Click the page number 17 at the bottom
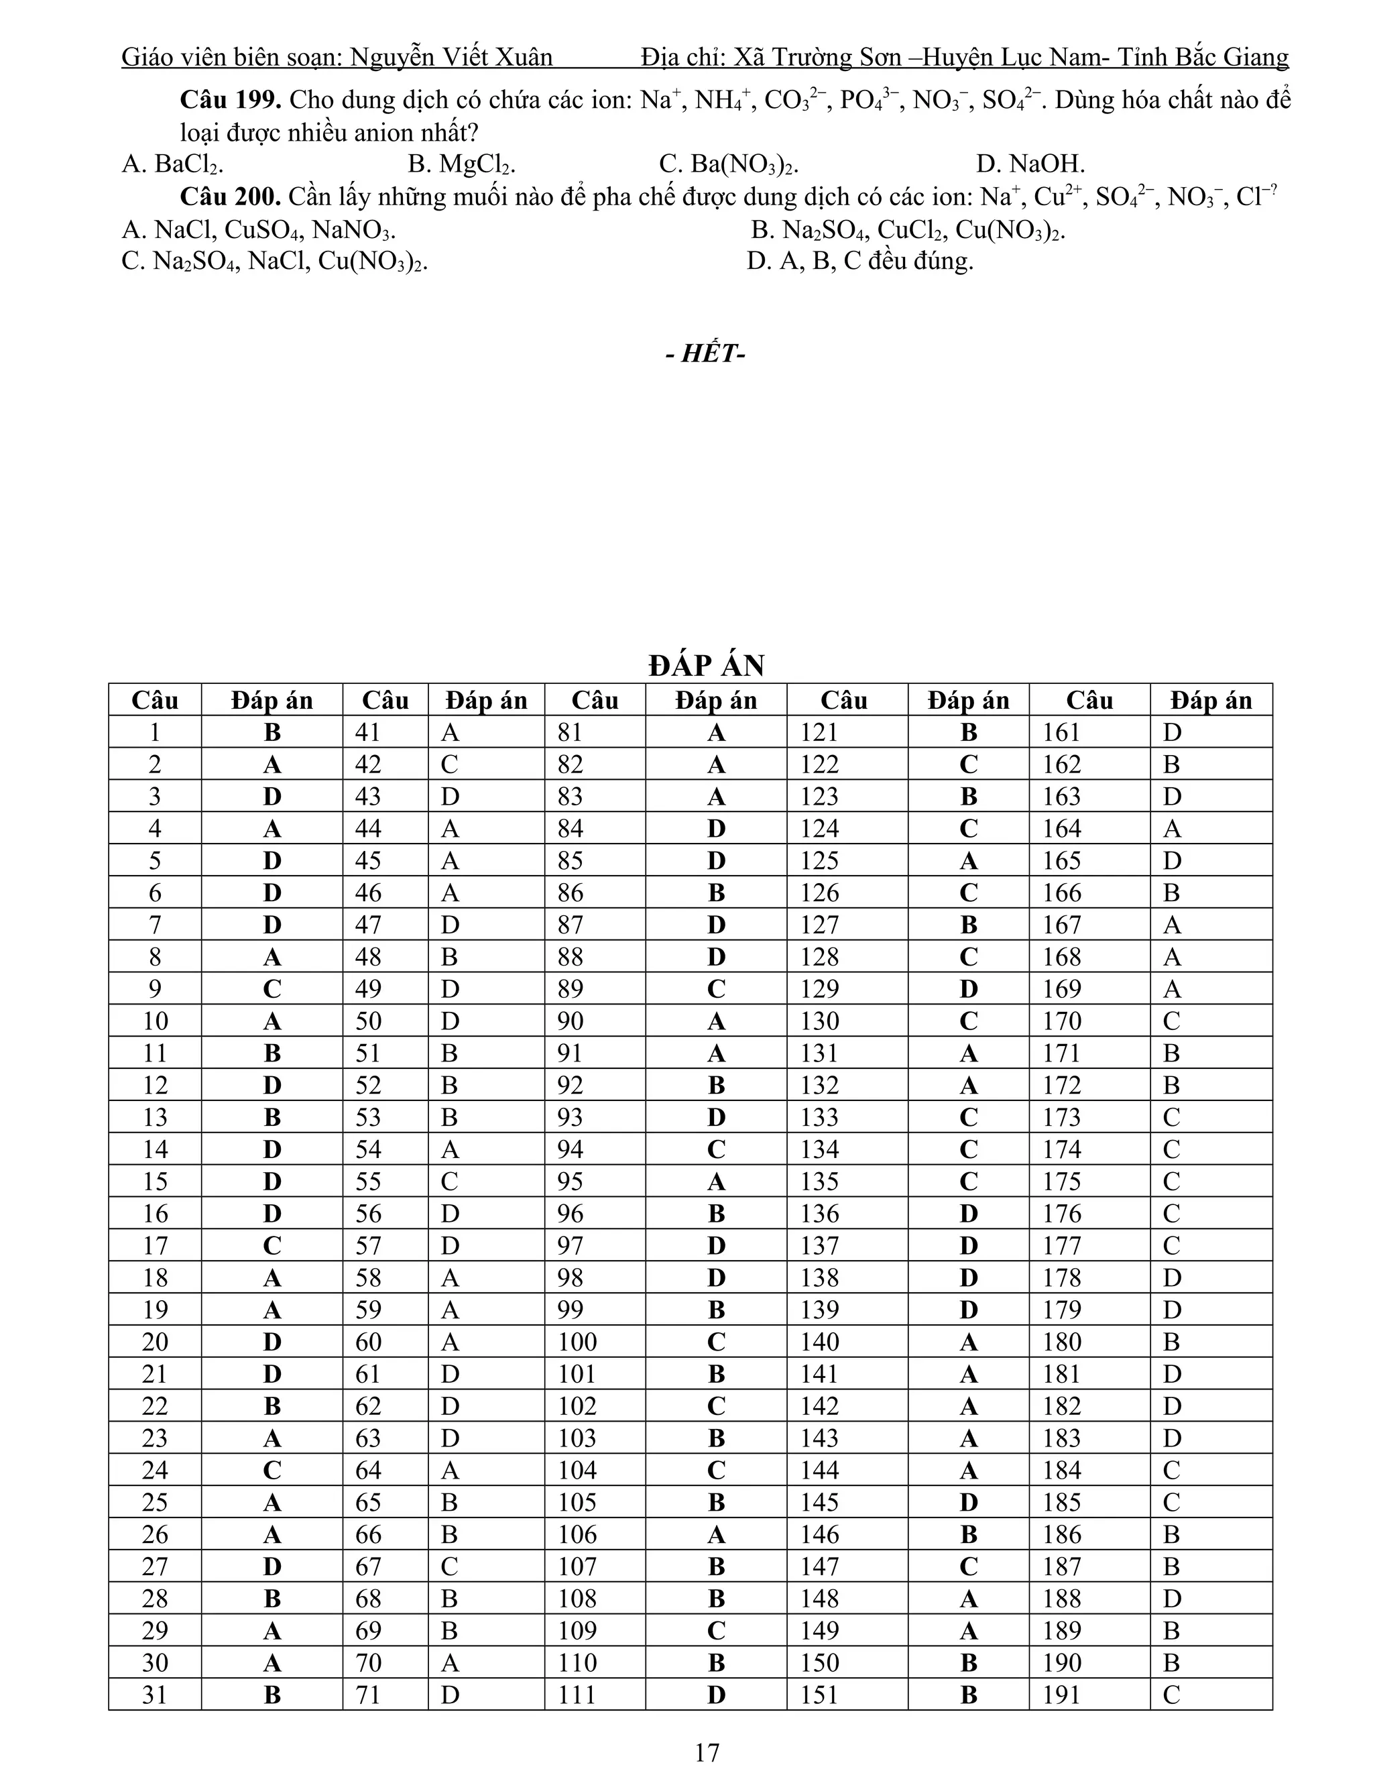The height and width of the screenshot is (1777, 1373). tap(707, 1752)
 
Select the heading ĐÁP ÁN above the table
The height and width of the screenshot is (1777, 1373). tap(706, 666)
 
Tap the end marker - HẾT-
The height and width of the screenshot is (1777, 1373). tap(705, 354)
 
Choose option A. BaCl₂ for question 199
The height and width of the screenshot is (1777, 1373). tap(172, 164)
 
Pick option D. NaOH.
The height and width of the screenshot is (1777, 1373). tap(1030, 164)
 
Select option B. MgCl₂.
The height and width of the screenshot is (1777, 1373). tap(461, 164)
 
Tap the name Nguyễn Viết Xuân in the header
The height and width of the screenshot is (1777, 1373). tap(451, 57)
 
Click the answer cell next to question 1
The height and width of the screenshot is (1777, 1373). tap(272, 732)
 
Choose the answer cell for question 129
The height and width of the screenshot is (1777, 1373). tap(968, 989)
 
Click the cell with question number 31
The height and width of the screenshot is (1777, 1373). tap(155, 1696)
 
